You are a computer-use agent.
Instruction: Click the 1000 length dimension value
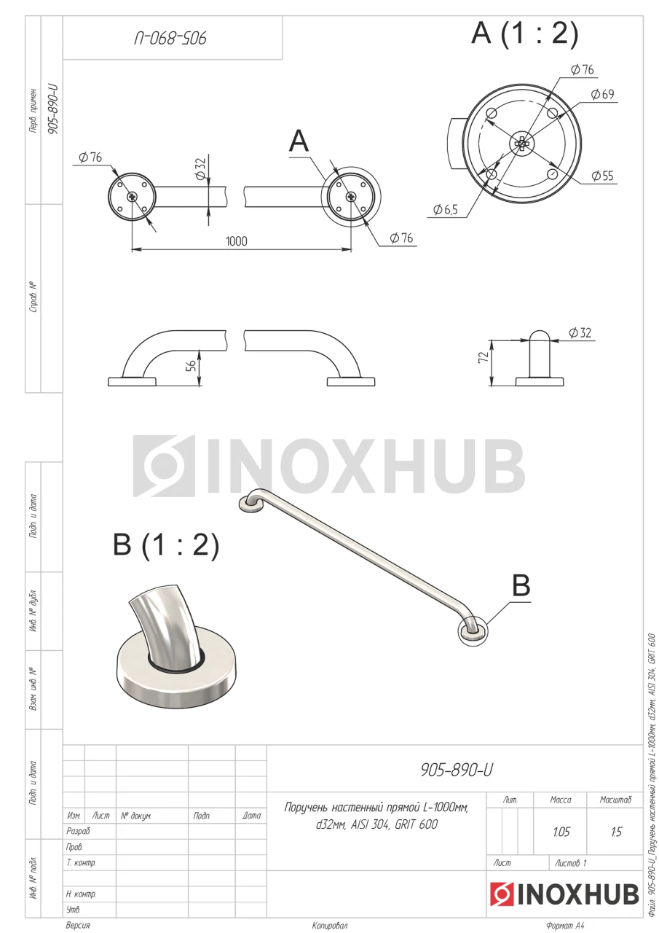pyautogui.click(x=237, y=241)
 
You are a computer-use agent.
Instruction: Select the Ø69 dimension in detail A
pyautogui.click(x=602, y=94)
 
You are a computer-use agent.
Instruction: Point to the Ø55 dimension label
pyautogui.click(x=602, y=176)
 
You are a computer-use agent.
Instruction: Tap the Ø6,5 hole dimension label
pyautogui.click(x=445, y=209)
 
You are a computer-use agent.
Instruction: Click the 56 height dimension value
pyautogui.click(x=191, y=366)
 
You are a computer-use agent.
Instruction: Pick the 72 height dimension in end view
pyautogui.click(x=484, y=357)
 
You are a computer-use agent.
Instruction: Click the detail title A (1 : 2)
pyautogui.click(x=524, y=33)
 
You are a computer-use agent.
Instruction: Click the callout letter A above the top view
pyautogui.click(x=299, y=141)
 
